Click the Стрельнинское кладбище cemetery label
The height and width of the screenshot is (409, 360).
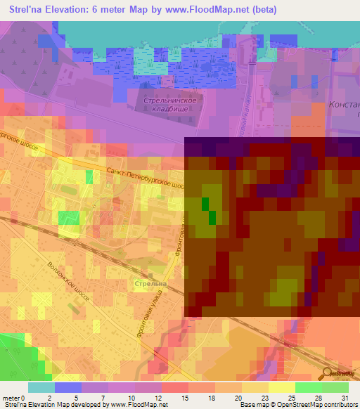(x=171, y=105)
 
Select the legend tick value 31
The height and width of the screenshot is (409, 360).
(x=345, y=397)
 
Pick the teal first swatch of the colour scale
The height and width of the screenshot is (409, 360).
(x=41, y=387)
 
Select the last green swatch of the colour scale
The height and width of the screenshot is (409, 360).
(x=335, y=387)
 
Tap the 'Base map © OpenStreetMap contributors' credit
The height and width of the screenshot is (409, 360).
(x=297, y=405)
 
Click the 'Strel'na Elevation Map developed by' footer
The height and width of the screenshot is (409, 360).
(x=55, y=405)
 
